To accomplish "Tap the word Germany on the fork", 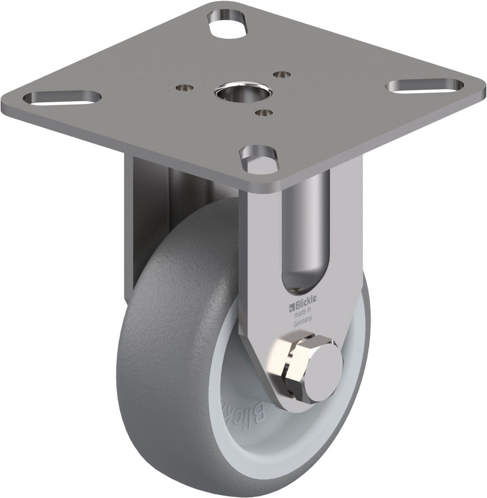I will coord(303,324).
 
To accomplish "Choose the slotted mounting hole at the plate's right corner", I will coord(425,85).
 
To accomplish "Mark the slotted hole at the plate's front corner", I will coord(260,152).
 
